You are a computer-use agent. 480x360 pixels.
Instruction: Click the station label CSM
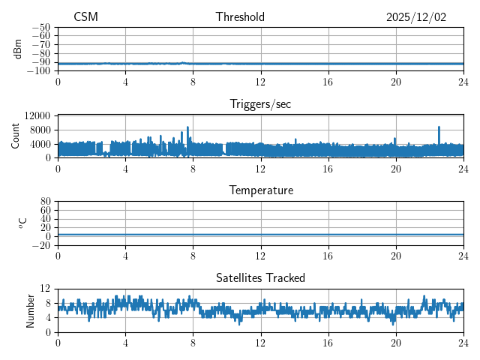pos(85,17)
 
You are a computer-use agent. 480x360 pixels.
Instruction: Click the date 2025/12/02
pos(416,17)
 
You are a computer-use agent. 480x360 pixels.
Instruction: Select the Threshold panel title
pos(240,17)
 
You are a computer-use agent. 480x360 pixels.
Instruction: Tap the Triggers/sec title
pos(260,104)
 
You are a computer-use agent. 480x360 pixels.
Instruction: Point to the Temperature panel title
pos(260,190)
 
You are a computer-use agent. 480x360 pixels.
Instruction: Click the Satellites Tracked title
pos(260,277)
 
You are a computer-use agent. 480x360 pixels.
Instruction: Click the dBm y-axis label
pos(18,49)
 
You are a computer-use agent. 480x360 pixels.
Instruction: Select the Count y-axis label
pos(16,136)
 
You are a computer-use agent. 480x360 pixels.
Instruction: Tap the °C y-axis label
pos(22,223)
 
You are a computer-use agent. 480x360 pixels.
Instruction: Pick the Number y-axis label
pos(31,310)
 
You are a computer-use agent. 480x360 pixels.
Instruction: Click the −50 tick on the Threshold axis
pos(40,27)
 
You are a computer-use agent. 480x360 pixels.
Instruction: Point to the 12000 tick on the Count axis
pos(37,116)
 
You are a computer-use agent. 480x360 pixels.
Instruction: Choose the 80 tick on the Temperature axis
pos(45,202)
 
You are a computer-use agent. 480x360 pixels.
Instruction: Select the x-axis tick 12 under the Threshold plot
pos(261,81)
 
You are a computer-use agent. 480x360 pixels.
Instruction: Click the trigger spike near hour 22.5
pos(439,128)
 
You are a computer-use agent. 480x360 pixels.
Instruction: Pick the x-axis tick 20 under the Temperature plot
pos(396,255)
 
